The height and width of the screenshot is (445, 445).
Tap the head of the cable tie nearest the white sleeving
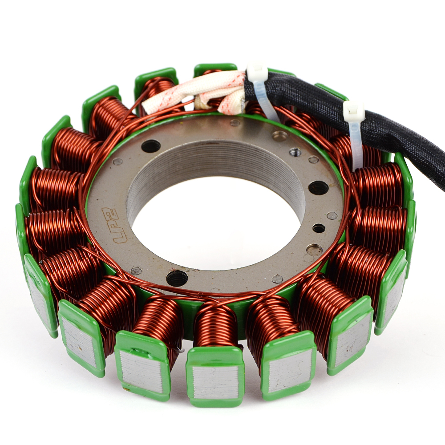click(x=255, y=69)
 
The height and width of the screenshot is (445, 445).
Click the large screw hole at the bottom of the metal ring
click(x=176, y=278)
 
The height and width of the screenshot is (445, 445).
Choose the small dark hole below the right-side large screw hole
click(x=319, y=227)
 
